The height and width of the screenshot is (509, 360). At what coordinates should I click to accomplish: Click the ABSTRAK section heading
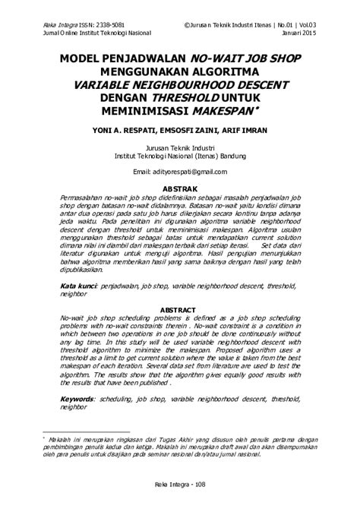180,188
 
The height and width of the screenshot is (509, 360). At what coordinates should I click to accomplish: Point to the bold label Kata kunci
80,286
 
